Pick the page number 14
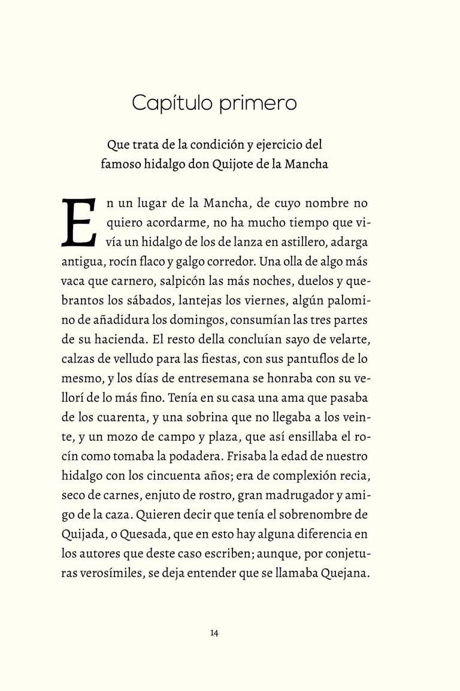click(214, 634)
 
